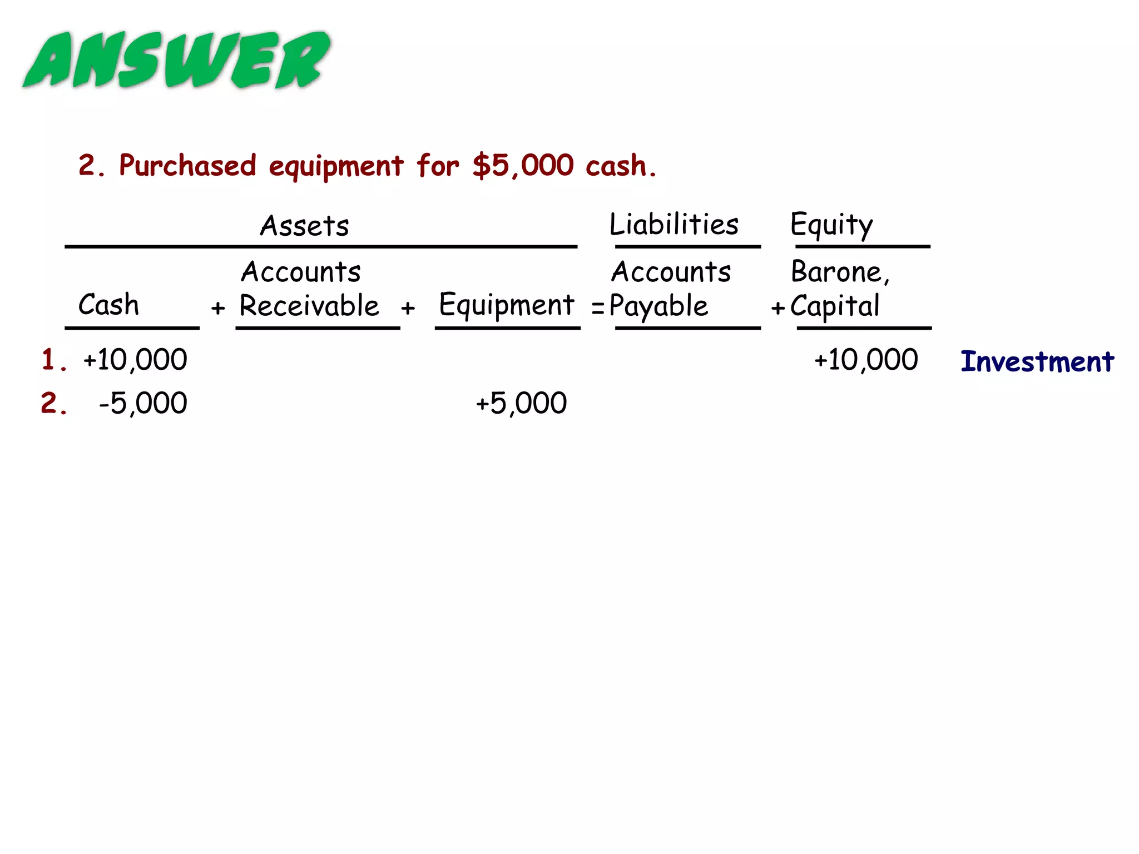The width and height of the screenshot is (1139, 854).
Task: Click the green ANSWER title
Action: point(177,60)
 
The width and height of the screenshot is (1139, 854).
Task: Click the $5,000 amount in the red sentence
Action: point(523,166)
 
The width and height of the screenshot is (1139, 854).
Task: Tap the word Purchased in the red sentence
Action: point(187,166)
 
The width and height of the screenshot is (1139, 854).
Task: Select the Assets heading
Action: point(305,226)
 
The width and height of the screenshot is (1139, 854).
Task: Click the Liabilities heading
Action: point(674,225)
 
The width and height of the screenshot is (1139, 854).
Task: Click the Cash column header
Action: point(108,305)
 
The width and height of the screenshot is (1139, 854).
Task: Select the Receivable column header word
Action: point(309,306)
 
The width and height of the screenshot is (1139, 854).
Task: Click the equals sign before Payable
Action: point(598,307)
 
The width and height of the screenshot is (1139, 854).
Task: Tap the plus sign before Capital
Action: point(778,307)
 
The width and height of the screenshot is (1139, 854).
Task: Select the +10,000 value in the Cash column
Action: point(135,360)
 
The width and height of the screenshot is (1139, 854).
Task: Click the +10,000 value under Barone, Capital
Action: point(866,360)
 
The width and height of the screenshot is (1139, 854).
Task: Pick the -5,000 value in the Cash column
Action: point(143,403)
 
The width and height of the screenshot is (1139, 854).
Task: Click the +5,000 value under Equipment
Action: point(522,403)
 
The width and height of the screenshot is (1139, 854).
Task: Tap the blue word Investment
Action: point(1037,361)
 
